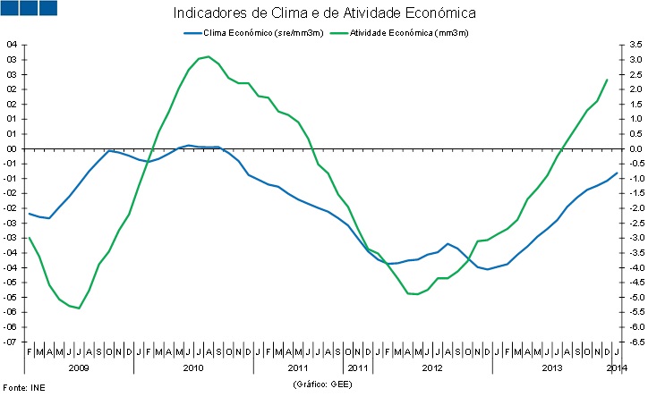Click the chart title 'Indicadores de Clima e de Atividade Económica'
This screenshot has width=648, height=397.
pyautogui.click(x=324, y=13)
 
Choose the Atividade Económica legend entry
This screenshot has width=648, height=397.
pyautogui.click(x=399, y=33)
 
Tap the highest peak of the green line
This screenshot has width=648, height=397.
pyautogui.click(x=209, y=56)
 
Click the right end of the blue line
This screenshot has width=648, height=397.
pyautogui.click(x=617, y=173)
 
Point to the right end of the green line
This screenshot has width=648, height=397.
pyautogui.click(x=607, y=80)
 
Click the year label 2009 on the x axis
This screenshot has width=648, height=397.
pyautogui.click(x=79, y=367)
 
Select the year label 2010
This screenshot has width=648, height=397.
pyautogui.click(x=192, y=367)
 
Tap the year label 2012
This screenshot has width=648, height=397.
pyautogui.click(x=431, y=367)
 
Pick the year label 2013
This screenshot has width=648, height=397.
pyautogui.click(x=553, y=367)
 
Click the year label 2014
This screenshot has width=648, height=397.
pyautogui.click(x=616, y=367)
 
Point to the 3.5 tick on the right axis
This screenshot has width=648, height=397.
pyautogui.click(x=635, y=45)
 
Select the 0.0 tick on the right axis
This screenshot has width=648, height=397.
pyautogui.click(x=635, y=148)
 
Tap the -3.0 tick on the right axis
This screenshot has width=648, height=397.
pyautogui.click(x=634, y=238)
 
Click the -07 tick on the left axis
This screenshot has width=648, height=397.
pyautogui.click(x=11, y=342)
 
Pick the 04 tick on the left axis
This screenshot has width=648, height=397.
pyautogui.click(x=12, y=45)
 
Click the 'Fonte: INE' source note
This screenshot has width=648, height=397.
pyautogui.click(x=21, y=387)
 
